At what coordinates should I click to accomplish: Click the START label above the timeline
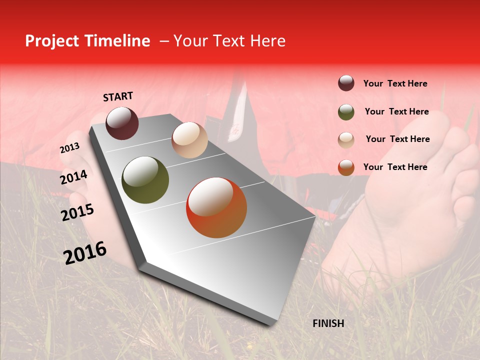pyautogui.click(x=118, y=96)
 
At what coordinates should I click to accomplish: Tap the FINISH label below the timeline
pyautogui.click(x=328, y=323)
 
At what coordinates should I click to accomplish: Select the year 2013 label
pyautogui.click(x=69, y=148)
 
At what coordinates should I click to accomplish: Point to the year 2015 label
pyautogui.click(x=77, y=212)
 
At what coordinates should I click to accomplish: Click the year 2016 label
pyautogui.click(x=85, y=253)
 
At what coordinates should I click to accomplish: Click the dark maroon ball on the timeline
pyautogui.click(x=122, y=123)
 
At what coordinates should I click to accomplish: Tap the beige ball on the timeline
pyautogui.click(x=189, y=140)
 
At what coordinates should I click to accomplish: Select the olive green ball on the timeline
pyautogui.click(x=145, y=180)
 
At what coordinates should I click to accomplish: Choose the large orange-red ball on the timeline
pyautogui.click(x=216, y=207)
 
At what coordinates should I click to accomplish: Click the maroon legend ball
pyautogui.click(x=346, y=83)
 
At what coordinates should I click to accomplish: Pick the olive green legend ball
pyautogui.click(x=346, y=111)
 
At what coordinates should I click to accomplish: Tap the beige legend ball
pyautogui.click(x=346, y=139)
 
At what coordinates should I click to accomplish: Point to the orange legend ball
pyautogui.click(x=346, y=167)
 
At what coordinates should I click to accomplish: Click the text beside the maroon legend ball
pyautogui.click(x=395, y=83)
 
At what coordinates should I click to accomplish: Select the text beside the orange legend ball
pyautogui.click(x=395, y=167)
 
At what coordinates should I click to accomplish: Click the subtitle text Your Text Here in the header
pyautogui.click(x=229, y=41)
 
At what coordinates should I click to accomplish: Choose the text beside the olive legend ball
pyautogui.click(x=396, y=111)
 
